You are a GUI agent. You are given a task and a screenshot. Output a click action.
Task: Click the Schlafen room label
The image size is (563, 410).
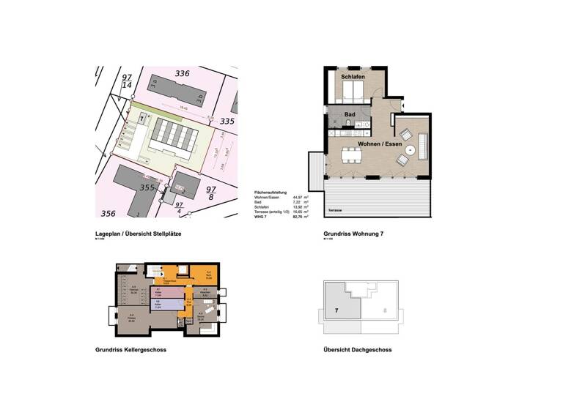point(353,77)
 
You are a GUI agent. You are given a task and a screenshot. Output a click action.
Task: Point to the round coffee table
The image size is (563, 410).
point(411,151)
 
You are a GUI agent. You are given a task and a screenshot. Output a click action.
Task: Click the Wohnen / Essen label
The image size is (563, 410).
point(380,144)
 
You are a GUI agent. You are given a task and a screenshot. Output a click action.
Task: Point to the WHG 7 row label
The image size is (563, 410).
point(261,217)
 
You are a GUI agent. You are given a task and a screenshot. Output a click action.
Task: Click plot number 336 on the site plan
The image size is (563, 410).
point(182,73)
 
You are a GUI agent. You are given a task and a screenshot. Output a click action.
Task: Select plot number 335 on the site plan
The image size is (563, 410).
point(227,122)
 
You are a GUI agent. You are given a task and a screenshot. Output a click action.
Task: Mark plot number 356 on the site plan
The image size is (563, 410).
point(108,213)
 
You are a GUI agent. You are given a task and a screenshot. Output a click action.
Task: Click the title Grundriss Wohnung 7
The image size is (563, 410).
point(353,234)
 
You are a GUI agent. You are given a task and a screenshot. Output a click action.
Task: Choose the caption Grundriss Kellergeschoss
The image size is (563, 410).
point(130,350)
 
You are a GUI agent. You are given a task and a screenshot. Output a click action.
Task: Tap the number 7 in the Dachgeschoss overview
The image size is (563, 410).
point(336,310)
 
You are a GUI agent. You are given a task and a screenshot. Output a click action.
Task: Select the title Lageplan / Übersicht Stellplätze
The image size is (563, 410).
point(138,234)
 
